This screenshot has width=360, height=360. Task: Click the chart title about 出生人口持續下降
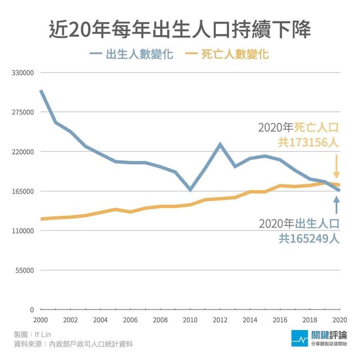(180, 29)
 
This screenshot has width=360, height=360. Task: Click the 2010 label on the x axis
(190, 319)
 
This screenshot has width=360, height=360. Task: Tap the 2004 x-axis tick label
(100, 319)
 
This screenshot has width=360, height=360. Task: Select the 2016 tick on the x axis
(280, 319)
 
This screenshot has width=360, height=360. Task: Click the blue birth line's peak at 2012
(220, 145)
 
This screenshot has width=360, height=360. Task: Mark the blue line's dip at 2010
(190, 190)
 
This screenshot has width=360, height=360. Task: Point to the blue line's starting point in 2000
(41, 91)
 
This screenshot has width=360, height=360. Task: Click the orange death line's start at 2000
(41, 219)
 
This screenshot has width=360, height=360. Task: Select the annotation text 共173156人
(308, 142)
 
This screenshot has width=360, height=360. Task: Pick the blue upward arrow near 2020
(336, 205)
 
